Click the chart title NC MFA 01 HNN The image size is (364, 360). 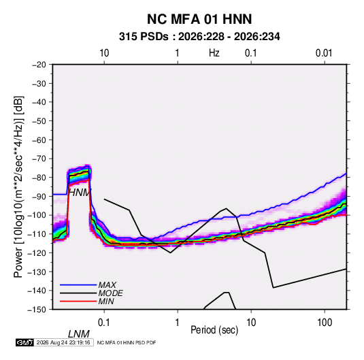click(x=199, y=19)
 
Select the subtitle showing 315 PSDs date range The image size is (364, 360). click(x=199, y=37)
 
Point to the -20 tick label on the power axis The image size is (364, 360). click(x=39, y=65)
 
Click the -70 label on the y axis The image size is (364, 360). click(x=39, y=159)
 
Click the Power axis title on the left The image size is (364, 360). click(x=18, y=186)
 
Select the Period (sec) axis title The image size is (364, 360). click(x=214, y=330)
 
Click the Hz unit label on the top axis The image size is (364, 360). click(x=214, y=53)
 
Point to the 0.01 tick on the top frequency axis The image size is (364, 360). click(x=324, y=53)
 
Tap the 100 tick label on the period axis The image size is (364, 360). click(x=325, y=323)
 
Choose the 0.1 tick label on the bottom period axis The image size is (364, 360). click(x=104, y=323)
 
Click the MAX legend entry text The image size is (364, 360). click(x=107, y=285)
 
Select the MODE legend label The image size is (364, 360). click(x=110, y=293)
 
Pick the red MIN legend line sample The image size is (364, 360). click(x=78, y=301)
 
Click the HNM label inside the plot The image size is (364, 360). click(x=79, y=193)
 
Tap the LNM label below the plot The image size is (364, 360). click(x=79, y=334)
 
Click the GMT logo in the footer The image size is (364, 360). click(x=24, y=342)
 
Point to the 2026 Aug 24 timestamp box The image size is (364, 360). click(x=63, y=342)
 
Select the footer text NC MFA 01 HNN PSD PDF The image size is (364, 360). click(x=127, y=342)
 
